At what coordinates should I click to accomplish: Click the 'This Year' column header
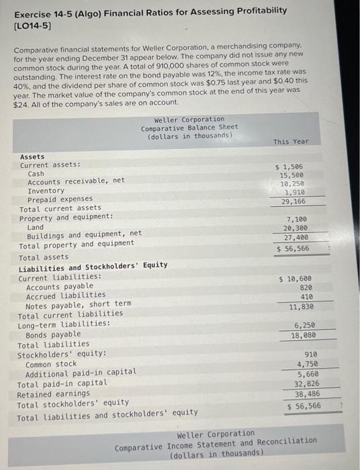(x=291, y=142)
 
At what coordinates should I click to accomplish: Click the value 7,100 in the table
(x=297, y=220)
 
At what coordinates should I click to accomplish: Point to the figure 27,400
(x=296, y=238)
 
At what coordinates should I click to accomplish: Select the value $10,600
(x=295, y=279)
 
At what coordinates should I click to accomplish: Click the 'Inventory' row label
(x=46, y=191)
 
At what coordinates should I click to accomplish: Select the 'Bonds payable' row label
(x=53, y=334)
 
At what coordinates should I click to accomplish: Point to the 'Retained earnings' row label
(x=53, y=393)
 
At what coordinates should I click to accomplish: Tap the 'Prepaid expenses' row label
(x=60, y=199)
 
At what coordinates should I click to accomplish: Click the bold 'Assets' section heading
(x=32, y=156)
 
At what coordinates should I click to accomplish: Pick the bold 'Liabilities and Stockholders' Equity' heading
(x=93, y=265)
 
